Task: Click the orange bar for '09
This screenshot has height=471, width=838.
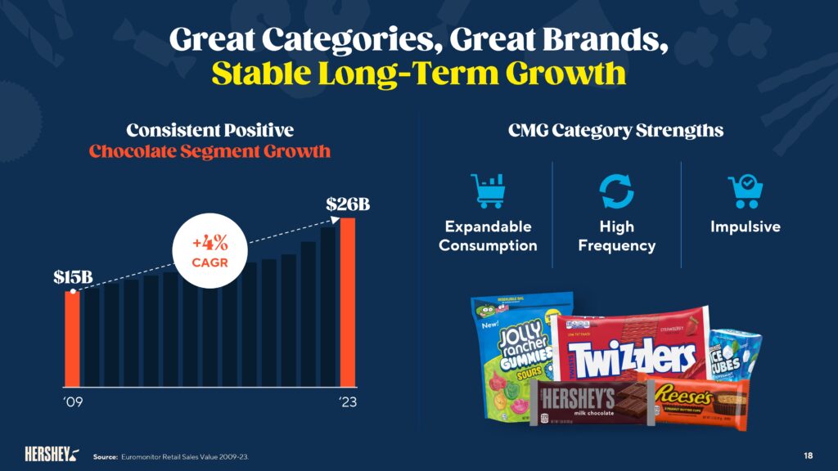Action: (x=72, y=338)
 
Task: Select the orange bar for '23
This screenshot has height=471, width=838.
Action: (x=348, y=301)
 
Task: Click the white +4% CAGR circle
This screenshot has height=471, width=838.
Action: (x=209, y=253)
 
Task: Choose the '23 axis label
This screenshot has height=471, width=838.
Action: (x=347, y=402)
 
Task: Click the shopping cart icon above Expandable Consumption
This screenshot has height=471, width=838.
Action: (x=488, y=191)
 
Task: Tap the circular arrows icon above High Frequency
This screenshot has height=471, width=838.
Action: (x=616, y=191)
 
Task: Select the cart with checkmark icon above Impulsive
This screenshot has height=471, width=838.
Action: (x=745, y=191)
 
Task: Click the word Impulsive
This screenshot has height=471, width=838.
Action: (x=745, y=227)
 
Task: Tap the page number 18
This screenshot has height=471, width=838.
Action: (x=807, y=455)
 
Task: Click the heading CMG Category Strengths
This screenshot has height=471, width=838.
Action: (x=615, y=130)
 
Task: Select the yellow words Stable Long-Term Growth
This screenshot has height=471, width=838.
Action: (x=418, y=73)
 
